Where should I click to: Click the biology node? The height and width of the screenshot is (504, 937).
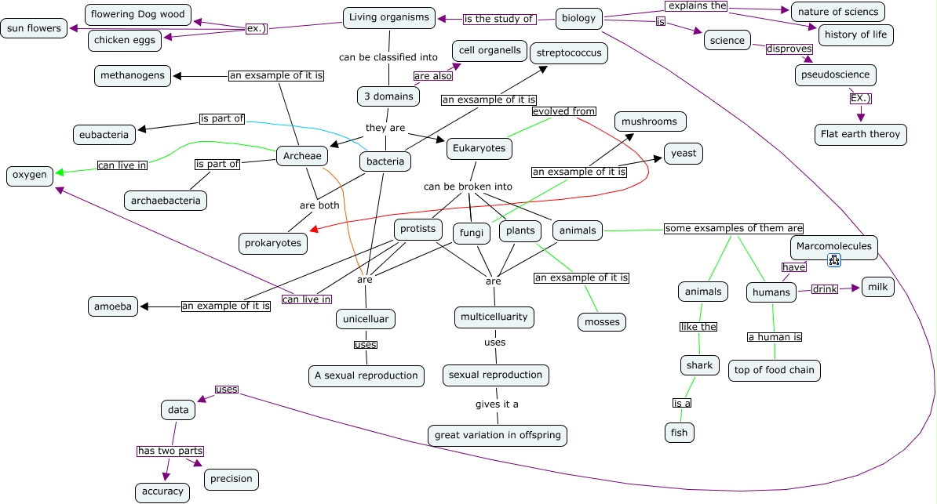pyautogui.click(x=578, y=18)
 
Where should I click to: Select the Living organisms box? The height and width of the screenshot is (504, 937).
pyautogui.click(x=389, y=17)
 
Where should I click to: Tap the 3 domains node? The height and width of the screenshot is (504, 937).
pyautogui.click(x=388, y=96)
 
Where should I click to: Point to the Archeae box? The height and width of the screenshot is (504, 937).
pyautogui.click(x=302, y=156)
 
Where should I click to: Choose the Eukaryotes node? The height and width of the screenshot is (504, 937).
pyautogui.click(x=479, y=148)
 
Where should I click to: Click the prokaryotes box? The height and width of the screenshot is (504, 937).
pyautogui.click(x=273, y=243)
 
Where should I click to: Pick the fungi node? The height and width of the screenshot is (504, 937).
pyautogui.click(x=472, y=233)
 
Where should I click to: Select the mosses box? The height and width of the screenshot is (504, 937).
pyautogui.click(x=602, y=322)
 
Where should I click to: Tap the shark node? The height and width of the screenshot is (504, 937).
pyautogui.click(x=699, y=365)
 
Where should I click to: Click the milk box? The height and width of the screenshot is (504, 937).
pyautogui.click(x=878, y=287)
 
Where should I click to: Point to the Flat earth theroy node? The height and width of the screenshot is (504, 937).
pyautogui.click(x=861, y=134)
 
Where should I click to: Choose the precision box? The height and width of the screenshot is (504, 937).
pyautogui.click(x=232, y=479)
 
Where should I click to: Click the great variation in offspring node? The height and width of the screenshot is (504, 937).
pyautogui.click(x=498, y=435)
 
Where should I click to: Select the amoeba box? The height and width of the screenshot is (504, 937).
pyautogui.click(x=113, y=306)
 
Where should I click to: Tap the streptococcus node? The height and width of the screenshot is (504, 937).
pyautogui.click(x=569, y=53)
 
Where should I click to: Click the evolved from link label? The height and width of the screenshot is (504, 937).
pyautogui.click(x=564, y=111)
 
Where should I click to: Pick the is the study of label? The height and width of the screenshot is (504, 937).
pyautogui.click(x=498, y=19)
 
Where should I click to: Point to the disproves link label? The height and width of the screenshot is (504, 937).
pyautogui.click(x=789, y=49)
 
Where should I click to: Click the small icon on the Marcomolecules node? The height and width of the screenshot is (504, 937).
pyautogui.click(x=834, y=260)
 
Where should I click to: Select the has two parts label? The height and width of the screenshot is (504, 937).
pyautogui.click(x=170, y=451)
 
